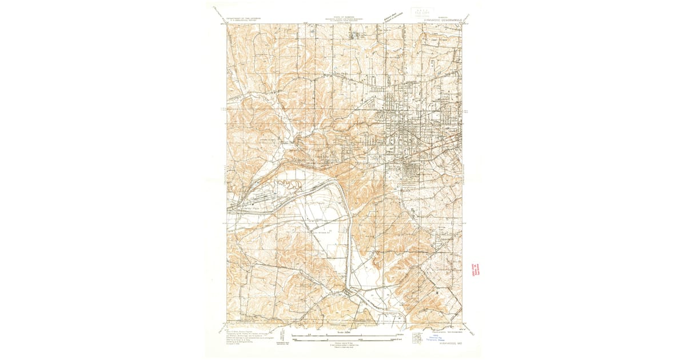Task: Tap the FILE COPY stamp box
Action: coord(422,12)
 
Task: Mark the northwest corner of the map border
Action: coord(226,24)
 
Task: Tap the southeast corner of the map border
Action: coord(462,322)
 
